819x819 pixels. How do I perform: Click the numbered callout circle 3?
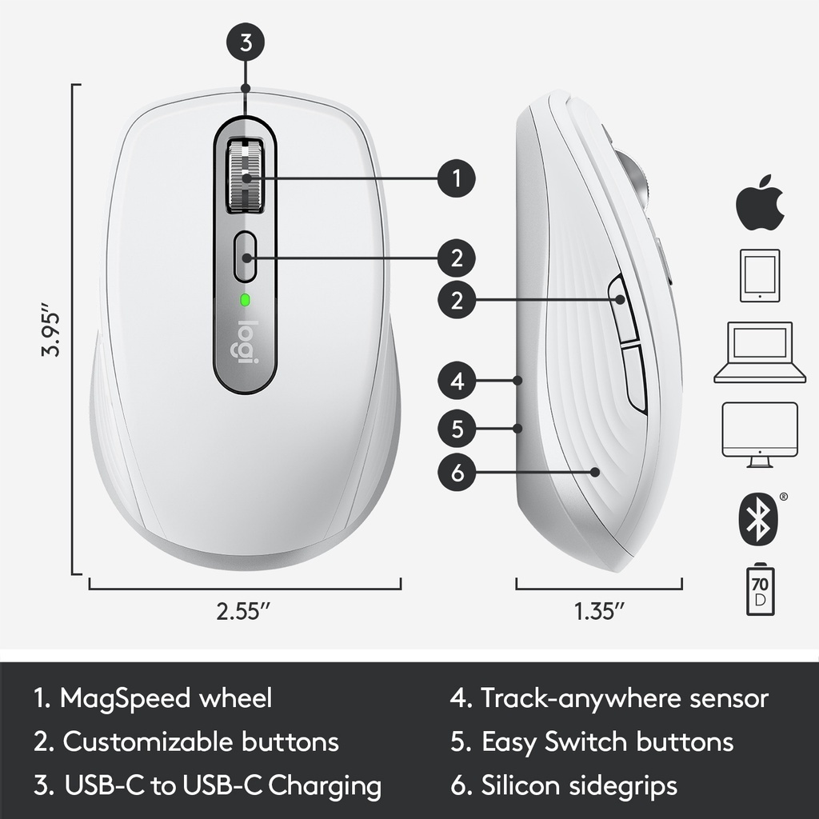(x=246, y=42)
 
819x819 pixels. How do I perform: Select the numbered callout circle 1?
(x=457, y=178)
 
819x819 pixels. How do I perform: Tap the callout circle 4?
(x=457, y=381)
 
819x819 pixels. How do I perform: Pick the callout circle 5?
(x=457, y=429)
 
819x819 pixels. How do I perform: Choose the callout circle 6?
(x=457, y=473)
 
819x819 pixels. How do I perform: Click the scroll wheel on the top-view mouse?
(x=245, y=175)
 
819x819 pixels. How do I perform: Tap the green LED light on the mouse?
(x=245, y=301)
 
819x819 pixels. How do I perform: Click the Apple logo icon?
(x=760, y=202)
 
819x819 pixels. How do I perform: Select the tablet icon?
(x=760, y=275)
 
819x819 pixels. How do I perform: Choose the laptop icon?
(x=760, y=353)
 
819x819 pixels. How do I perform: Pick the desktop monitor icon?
(x=760, y=434)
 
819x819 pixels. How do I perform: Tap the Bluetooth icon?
(x=758, y=518)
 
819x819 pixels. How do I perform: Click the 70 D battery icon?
(x=760, y=589)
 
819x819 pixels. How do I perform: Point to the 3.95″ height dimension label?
(x=50, y=329)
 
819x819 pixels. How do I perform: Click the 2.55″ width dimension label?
(x=244, y=610)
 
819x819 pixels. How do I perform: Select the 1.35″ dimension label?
(x=599, y=610)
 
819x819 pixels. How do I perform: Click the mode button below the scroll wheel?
(x=245, y=257)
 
